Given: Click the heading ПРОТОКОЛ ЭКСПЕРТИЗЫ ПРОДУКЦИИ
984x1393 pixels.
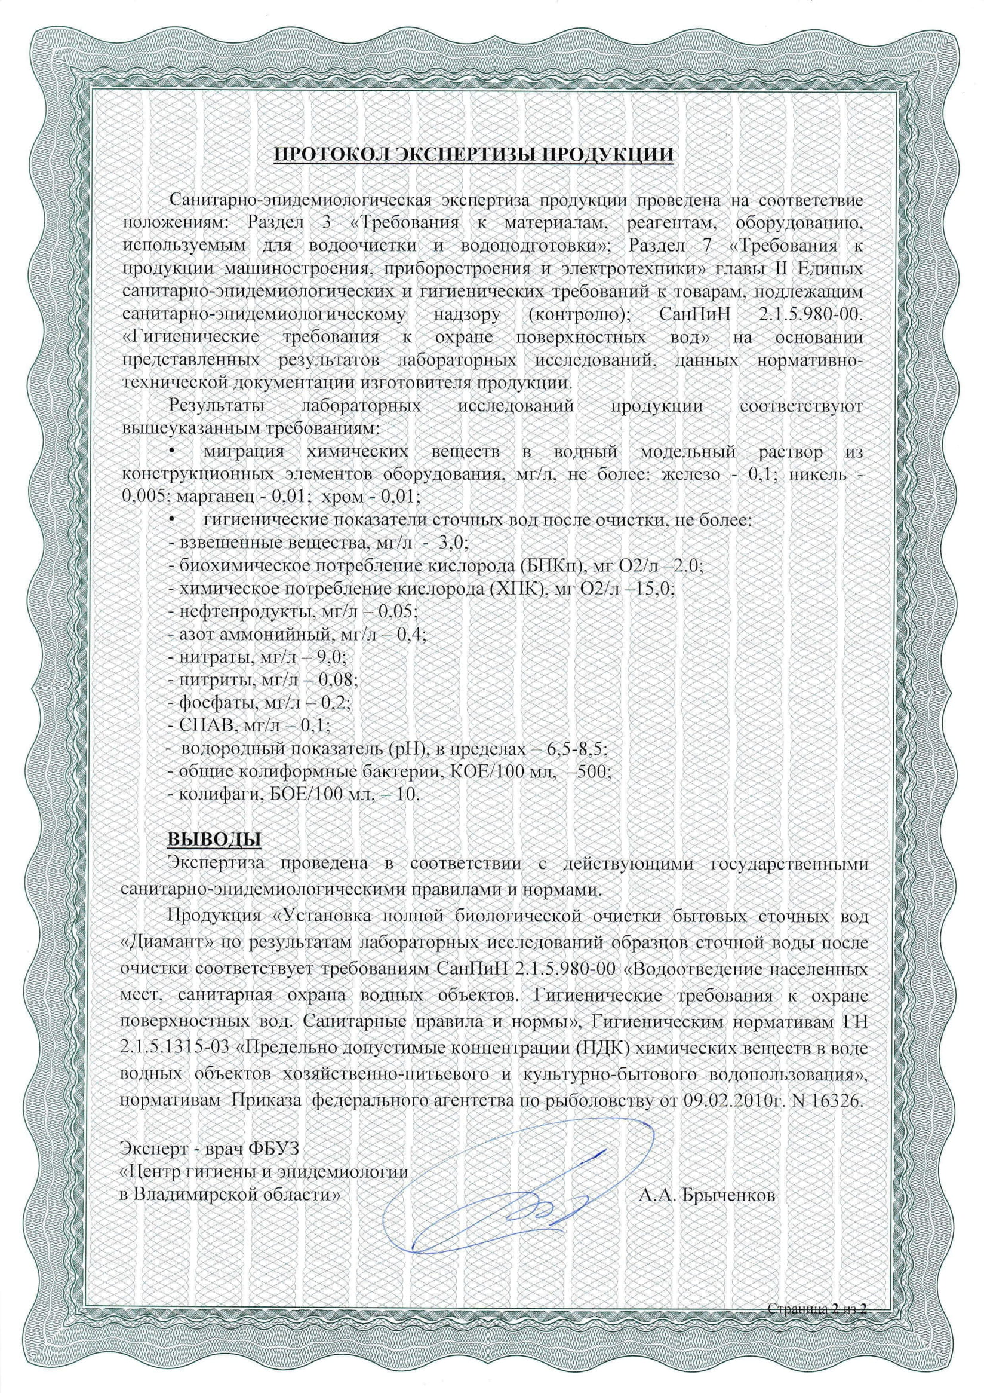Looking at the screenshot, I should point(474,154).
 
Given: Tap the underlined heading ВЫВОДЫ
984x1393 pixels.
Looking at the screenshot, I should point(214,840).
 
